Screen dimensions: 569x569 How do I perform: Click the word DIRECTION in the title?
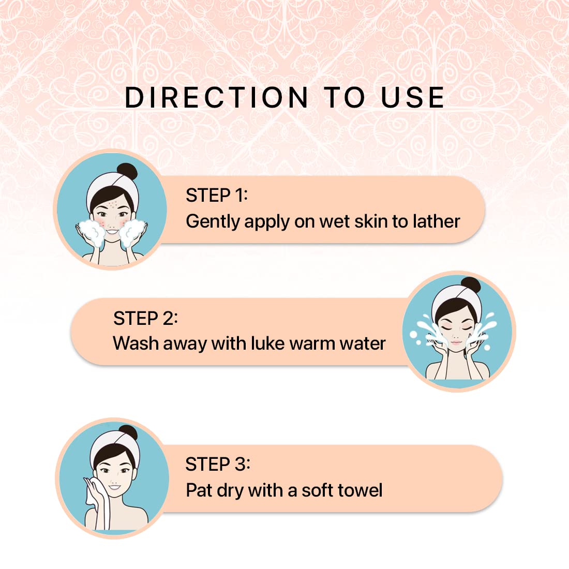click(217, 97)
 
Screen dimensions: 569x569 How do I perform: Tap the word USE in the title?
click(413, 97)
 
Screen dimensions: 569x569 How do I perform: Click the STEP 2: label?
click(145, 318)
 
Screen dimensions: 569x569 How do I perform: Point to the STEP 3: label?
click(218, 464)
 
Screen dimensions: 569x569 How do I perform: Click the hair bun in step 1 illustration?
click(127, 171)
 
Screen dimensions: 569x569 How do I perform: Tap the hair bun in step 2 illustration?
click(471, 286)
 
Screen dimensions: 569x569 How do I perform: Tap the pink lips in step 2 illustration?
click(456, 342)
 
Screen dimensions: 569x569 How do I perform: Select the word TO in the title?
click(344, 97)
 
